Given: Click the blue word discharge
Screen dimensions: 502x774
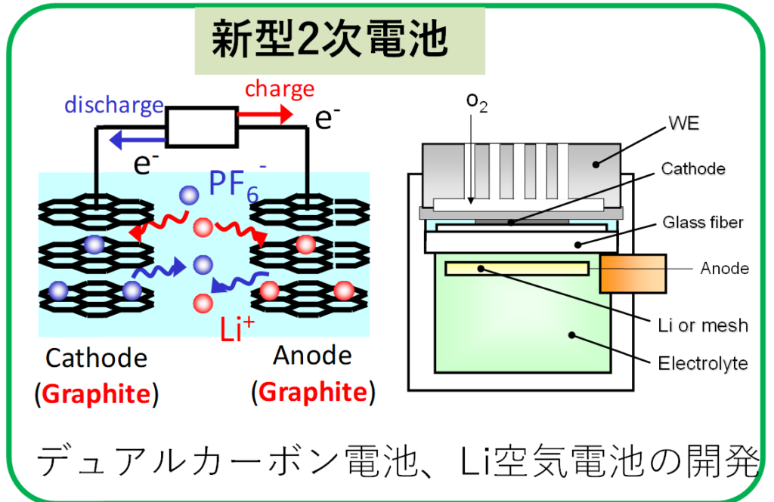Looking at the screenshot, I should click(113, 105).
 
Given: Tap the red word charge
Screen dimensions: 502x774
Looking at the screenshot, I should click(279, 89).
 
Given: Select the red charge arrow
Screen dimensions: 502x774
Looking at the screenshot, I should click(265, 115).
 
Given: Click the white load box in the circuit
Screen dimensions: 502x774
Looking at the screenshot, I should click(201, 127).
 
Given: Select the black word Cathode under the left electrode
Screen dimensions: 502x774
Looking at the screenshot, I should click(96, 358).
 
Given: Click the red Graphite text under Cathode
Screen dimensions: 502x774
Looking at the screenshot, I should click(97, 395).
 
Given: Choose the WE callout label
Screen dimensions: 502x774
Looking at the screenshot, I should click(683, 124).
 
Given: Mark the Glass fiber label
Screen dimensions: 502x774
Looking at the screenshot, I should click(703, 222).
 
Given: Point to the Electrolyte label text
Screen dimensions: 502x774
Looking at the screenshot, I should click(702, 363).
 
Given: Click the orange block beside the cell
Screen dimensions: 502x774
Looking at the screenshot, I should click(632, 273).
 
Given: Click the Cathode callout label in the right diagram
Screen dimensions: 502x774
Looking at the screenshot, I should click(692, 169).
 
